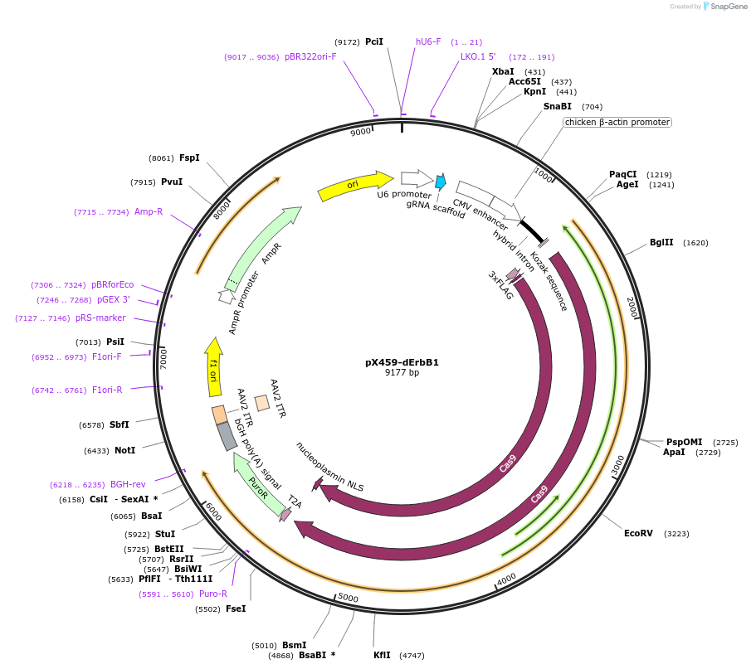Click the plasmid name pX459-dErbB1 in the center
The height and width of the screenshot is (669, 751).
tap(402, 362)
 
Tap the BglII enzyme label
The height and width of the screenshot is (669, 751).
tap(661, 243)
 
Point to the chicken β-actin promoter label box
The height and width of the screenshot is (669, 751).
tap(617, 122)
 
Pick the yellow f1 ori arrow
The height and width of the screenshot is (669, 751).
tap(213, 366)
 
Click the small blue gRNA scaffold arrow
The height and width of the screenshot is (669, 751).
tap(441, 181)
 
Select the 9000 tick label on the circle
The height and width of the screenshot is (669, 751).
tap(360, 133)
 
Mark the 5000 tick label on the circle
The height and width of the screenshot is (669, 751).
tap(348, 598)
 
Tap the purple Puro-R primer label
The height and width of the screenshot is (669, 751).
tap(213, 594)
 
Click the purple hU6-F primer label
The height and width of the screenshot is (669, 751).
tap(428, 41)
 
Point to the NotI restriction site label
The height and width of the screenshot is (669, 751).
tap(124, 451)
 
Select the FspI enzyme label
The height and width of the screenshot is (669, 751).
tap(189, 158)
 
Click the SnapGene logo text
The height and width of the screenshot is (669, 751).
tap(724, 7)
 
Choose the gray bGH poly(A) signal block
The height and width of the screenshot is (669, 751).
tap(227, 436)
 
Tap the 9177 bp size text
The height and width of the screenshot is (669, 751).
tap(402, 373)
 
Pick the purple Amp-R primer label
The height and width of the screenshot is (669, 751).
tap(149, 211)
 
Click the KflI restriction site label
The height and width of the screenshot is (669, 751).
tap(382, 655)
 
